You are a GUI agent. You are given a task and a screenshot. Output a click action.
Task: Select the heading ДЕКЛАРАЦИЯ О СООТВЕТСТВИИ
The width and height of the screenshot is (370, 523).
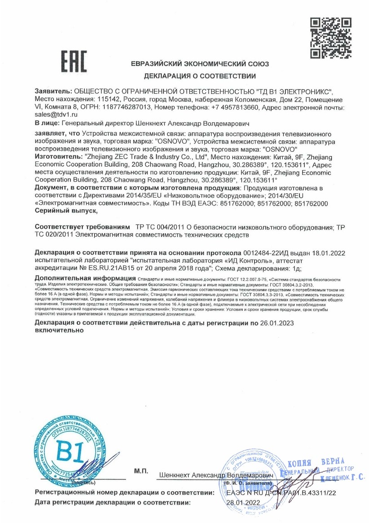click(x=200, y=76)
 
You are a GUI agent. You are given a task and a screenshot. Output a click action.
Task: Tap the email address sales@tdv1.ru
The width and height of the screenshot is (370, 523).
click(x=53, y=115)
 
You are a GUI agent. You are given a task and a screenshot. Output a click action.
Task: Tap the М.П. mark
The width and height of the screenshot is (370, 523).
click(x=141, y=471)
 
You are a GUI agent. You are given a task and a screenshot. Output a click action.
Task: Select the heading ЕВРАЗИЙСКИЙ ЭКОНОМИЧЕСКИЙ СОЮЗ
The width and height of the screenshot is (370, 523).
click(x=200, y=64)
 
